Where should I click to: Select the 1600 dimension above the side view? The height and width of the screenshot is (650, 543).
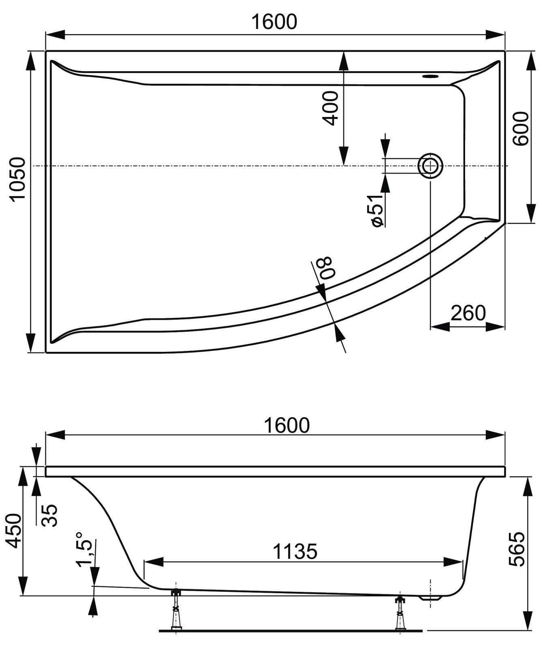pyautogui.click(x=287, y=425)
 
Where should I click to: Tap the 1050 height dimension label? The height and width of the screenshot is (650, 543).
pyautogui.click(x=18, y=179)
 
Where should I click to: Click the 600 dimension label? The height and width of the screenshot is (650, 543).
pyautogui.click(x=521, y=128)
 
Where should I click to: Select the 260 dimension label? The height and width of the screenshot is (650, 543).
pyautogui.click(x=468, y=312)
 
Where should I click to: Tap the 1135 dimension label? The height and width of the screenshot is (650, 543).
pyautogui.click(x=295, y=552)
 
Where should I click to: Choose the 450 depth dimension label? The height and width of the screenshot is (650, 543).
pyautogui.click(x=15, y=530)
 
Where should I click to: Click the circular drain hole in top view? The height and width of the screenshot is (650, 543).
pyautogui.click(x=430, y=166)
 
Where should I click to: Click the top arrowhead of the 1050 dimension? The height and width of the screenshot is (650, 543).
pyautogui.click(x=30, y=61)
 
